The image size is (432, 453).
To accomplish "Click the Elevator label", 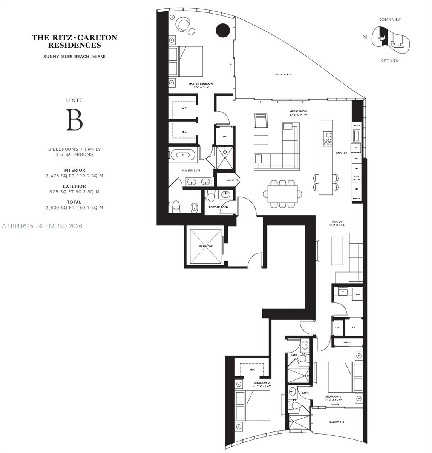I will [206, 246].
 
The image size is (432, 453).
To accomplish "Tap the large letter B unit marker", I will [74, 120].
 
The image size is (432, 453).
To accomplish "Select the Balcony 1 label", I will [283, 75].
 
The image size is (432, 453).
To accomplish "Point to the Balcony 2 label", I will [336, 422].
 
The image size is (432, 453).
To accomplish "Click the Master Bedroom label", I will [201, 83].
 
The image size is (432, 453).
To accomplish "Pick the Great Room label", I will [299, 111].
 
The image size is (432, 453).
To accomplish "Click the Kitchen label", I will [342, 153].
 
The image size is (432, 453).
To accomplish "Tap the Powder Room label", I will [218, 207].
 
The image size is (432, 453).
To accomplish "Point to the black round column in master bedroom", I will [222, 30].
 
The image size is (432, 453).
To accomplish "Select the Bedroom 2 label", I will [261, 383].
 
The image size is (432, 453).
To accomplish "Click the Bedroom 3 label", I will [333, 396].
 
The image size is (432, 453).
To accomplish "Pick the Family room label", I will [337, 222].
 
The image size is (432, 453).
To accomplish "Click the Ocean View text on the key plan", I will [390, 20].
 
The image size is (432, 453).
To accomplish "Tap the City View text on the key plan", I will [390, 60].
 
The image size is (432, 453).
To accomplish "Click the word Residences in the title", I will [75, 45].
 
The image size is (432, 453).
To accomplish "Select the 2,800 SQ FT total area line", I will [74, 208].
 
